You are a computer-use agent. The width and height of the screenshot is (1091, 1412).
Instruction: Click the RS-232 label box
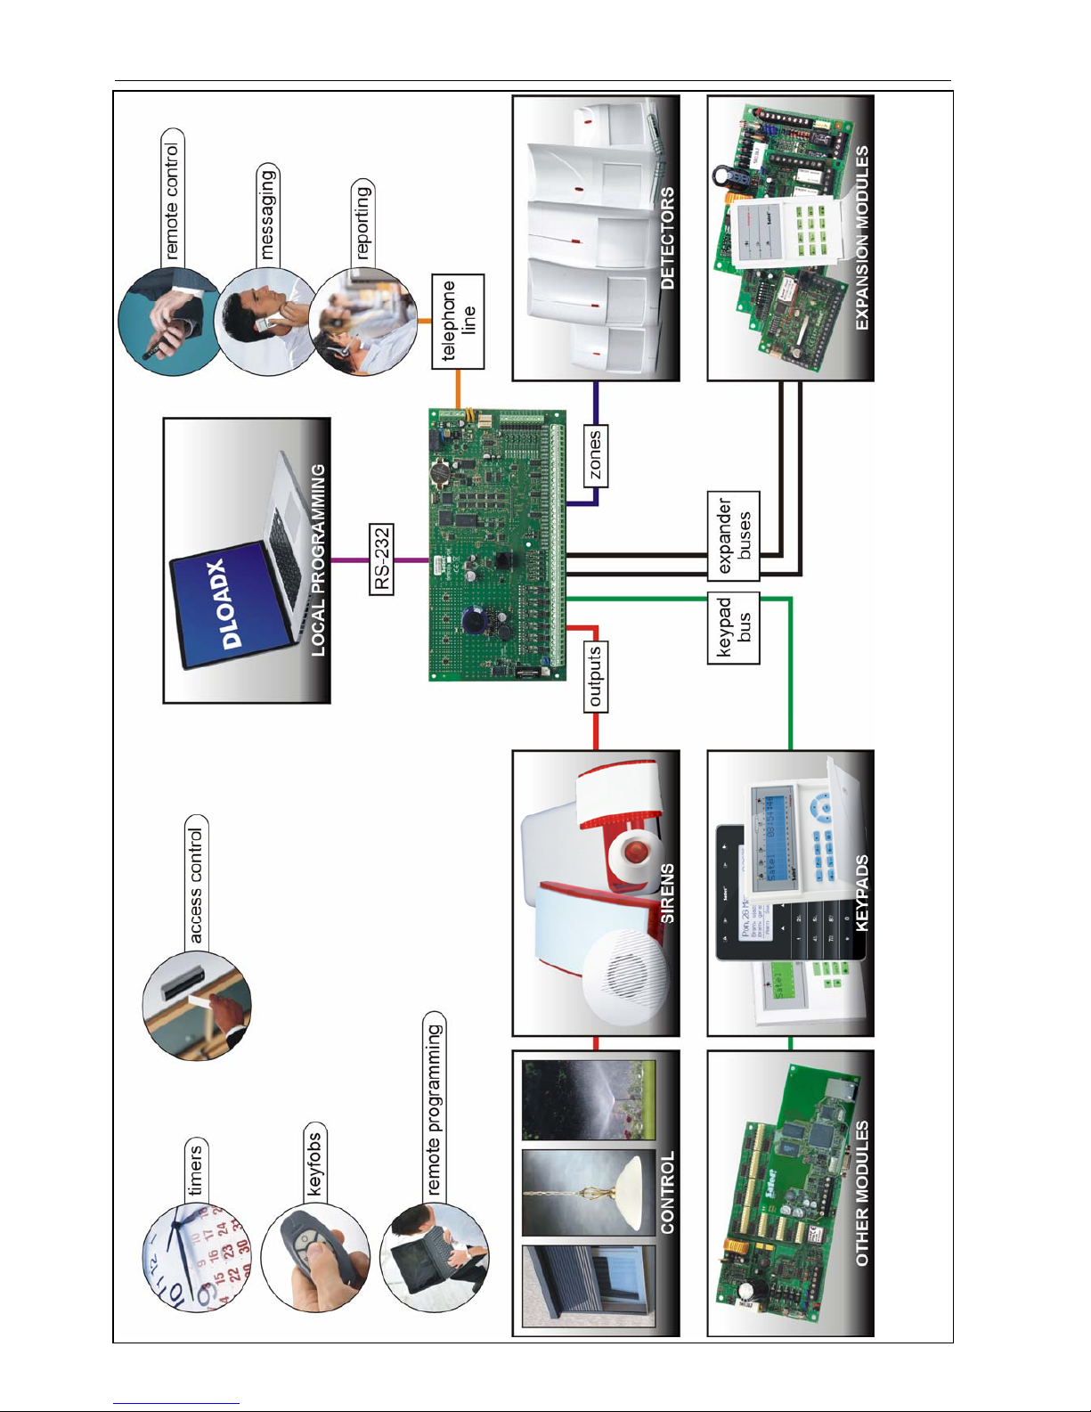click(381, 559)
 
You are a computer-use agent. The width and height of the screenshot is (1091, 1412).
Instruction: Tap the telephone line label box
click(459, 322)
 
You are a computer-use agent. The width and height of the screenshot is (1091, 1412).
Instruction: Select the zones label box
click(596, 454)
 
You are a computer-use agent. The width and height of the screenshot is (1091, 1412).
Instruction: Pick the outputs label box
click(596, 676)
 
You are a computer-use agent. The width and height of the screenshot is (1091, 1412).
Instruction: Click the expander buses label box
click(734, 535)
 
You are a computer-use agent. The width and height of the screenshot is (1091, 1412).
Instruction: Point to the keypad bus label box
click(734, 627)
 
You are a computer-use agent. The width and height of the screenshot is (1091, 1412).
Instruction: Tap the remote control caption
click(171, 200)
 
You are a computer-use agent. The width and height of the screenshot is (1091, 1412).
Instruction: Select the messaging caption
click(266, 214)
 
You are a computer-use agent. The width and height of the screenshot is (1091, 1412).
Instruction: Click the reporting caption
click(362, 223)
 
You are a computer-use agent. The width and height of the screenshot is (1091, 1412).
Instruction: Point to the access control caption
click(196, 886)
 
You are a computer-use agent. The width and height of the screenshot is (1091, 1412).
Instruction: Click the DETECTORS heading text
click(667, 238)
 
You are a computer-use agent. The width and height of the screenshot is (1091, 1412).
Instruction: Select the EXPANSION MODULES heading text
click(861, 238)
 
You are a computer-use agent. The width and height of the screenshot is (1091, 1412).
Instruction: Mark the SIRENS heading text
click(667, 893)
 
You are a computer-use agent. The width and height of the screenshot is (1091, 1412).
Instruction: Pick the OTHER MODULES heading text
click(861, 1194)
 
